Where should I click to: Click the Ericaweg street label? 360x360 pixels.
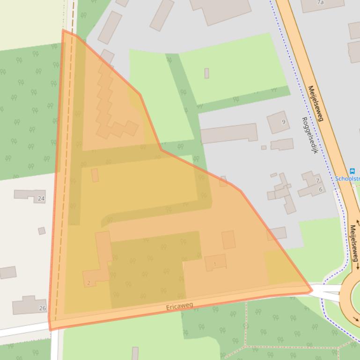[179, 307]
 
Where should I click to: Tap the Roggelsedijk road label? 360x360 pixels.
[310, 136]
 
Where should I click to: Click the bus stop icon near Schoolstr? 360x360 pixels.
[352, 172]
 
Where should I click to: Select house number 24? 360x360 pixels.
[41, 199]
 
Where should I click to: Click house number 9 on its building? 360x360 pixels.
[283, 122]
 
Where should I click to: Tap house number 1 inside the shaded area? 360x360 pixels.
[215, 264]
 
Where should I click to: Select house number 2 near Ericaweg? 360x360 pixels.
[88, 283]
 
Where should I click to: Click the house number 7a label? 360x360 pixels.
[320, 2]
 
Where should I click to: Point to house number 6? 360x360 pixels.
[321, 189]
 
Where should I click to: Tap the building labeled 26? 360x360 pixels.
[27, 305]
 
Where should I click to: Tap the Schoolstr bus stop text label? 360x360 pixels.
[349, 179]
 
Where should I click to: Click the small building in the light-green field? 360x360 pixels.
[206, 73]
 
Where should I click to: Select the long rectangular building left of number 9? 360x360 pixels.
[229, 134]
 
